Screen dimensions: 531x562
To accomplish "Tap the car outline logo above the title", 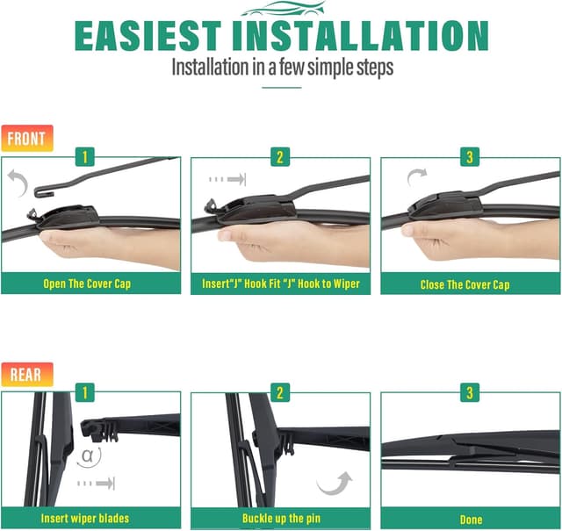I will pos(281,10).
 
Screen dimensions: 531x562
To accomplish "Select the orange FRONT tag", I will pos(27,138).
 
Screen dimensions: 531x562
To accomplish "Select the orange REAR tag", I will pos(26,374).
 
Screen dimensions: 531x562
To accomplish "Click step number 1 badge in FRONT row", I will pos(85,158).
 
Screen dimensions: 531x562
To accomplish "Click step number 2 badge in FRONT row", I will pos(280,158).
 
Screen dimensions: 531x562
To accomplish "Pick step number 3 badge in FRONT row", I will pos(470,158).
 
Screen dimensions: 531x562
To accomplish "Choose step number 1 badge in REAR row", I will pos(85,392).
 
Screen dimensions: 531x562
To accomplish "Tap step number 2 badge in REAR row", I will pos(280,392).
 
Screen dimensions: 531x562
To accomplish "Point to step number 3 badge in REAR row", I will pos(470,392).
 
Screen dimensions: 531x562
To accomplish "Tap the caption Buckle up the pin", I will pos(280,518).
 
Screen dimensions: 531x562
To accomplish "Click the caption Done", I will pos(471,518).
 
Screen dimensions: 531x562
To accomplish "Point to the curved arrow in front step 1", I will pos(16,182).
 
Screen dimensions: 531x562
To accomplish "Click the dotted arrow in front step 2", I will pos(227,179).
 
